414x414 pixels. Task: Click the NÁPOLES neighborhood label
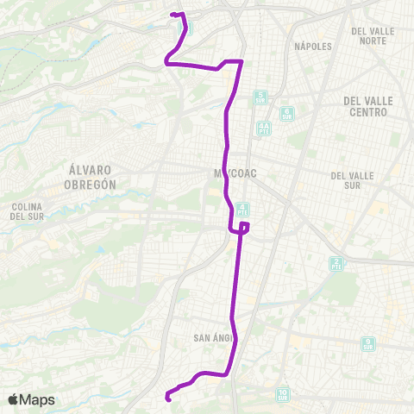(312, 46)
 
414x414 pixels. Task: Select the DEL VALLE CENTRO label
(368, 105)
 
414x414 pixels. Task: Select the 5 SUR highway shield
(260, 97)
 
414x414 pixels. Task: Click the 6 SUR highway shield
(287, 112)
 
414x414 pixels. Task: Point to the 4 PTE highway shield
(244, 209)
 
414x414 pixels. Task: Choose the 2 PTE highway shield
(336, 263)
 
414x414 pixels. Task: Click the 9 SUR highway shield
(368, 343)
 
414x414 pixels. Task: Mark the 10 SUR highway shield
(282, 395)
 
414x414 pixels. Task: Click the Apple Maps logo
(31, 399)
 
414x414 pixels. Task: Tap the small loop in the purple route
(243, 228)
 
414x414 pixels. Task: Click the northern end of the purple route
(173, 14)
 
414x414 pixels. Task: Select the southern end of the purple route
(167, 398)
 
